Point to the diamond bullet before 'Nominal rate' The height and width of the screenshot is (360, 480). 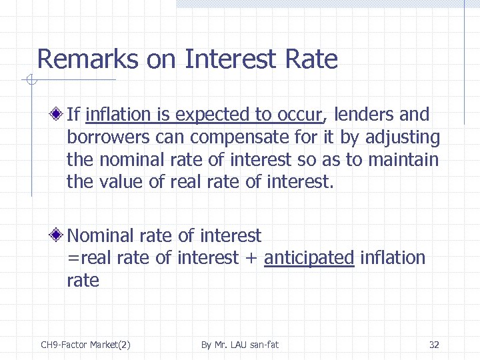point(59,235)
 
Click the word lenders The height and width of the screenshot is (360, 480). point(364,115)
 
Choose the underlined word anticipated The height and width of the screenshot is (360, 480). point(309,258)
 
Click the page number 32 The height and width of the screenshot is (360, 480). point(434,345)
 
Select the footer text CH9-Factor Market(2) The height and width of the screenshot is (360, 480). point(85,345)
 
